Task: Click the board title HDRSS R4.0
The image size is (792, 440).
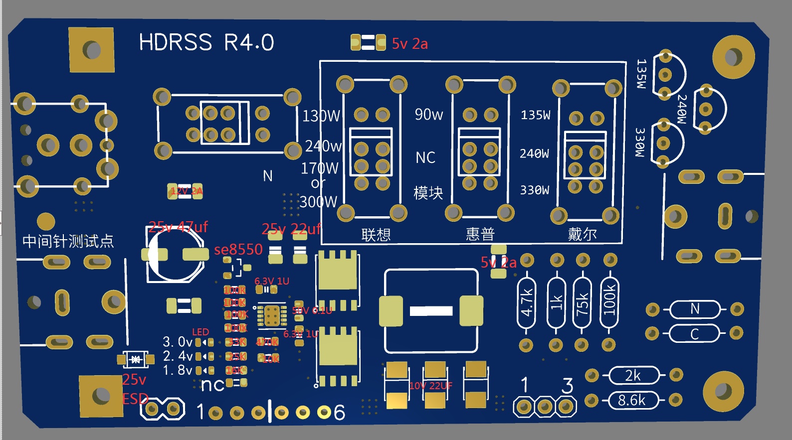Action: tap(206, 43)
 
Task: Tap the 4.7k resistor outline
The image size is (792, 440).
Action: tap(527, 302)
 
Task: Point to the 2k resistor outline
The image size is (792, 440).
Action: tap(633, 375)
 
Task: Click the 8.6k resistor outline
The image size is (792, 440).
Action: tap(632, 400)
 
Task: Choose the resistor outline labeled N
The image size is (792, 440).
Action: tap(695, 309)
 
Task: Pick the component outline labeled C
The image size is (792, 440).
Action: tap(694, 333)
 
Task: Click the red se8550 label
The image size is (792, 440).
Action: tap(238, 249)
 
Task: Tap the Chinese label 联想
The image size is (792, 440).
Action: tap(376, 235)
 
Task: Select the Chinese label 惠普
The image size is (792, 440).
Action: tap(480, 234)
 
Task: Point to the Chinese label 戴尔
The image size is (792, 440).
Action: tap(582, 234)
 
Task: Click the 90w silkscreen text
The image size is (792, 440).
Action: tap(429, 115)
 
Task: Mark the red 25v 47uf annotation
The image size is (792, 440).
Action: tap(178, 227)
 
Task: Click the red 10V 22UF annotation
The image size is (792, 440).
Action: tap(430, 386)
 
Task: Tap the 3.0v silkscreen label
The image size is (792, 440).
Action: tap(178, 342)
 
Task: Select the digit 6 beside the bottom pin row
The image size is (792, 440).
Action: tap(339, 413)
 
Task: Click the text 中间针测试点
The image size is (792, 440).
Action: tap(68, 241)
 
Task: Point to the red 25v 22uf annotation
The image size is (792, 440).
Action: tap(291, 229)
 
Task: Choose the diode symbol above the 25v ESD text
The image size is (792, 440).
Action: tap(135, 359)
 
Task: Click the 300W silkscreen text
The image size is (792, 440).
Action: tap(319, 202)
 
